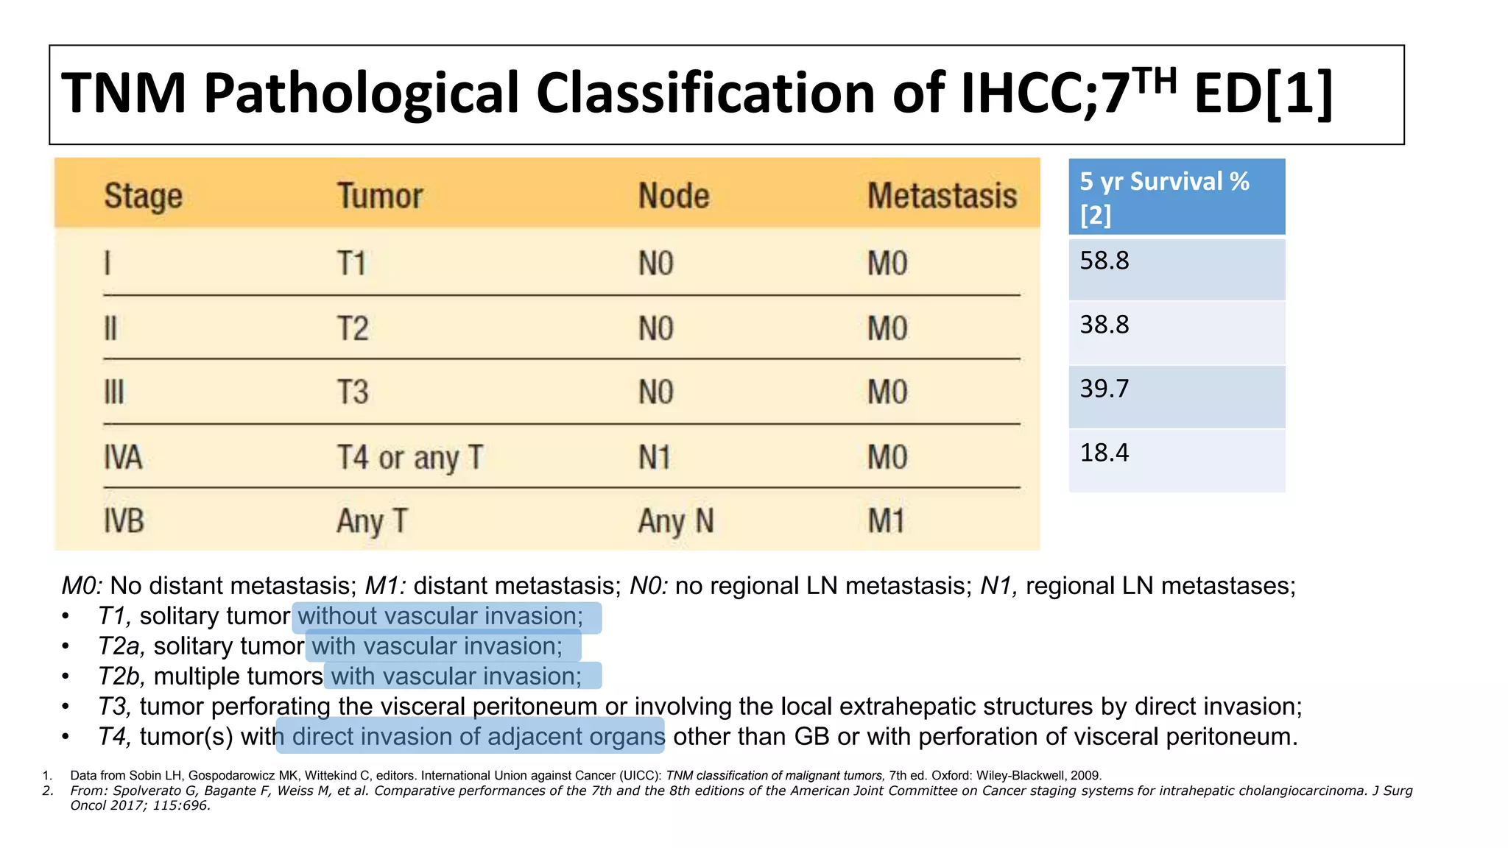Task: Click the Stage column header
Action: pos(143,197)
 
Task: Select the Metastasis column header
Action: pos(942,197)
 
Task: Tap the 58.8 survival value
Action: pos(1104,261)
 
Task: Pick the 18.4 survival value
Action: pos(1104,453)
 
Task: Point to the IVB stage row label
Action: pos(124,521)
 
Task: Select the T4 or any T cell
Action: pos(409,457)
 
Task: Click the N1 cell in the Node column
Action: pos(655,457)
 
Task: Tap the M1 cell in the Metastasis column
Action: pos(886,521)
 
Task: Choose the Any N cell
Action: pos(675,521)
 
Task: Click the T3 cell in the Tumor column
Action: pos(353,392)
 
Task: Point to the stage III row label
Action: pos(114,392)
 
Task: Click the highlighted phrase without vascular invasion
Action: pos(440,616)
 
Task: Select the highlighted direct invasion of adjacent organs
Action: pos(478,736)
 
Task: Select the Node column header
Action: pos(674,197)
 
